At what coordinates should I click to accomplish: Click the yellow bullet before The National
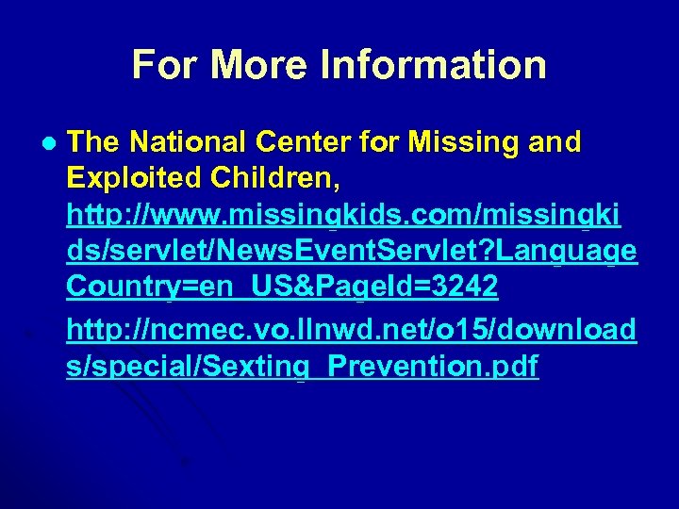point(49,144)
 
